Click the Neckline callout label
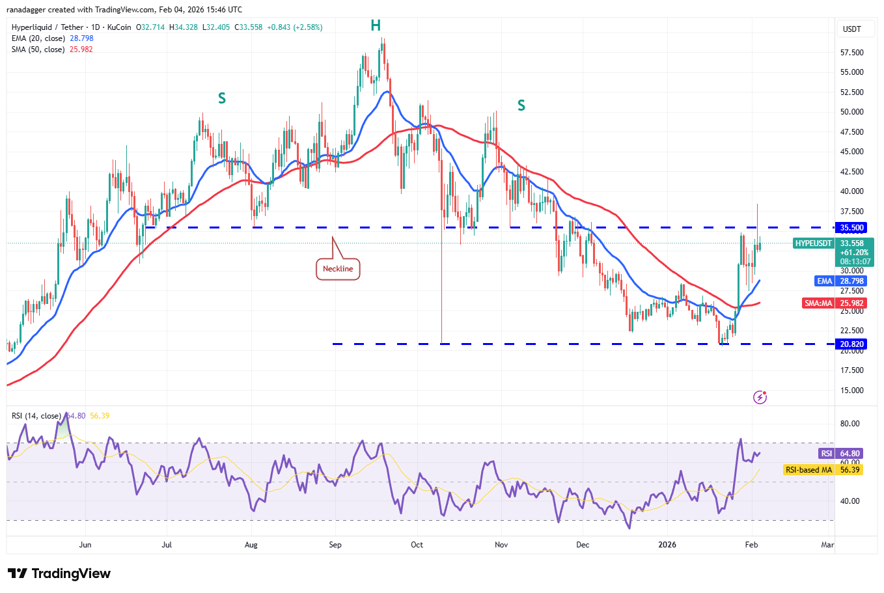tap(338, 269)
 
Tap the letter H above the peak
tap(376, 25)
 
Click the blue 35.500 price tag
tap(851, 228)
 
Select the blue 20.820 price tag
tap(851, 344)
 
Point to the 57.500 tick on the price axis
tap(851, 53)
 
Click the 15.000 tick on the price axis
tap(851, 391)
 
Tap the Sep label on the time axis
tap(335, 545)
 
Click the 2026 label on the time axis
tap(667, 545)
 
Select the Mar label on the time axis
tap(827, 545)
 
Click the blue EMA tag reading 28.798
tap(840, 281)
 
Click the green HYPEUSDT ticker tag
tap(814, 243)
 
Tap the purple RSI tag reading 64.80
tap(840, 454)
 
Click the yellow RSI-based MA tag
tap(823, 469)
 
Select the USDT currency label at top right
tap(851, 29)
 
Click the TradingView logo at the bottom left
tap(59, 573)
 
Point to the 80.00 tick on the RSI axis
tap(849, 424)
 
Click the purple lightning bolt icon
tap(760, 397)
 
